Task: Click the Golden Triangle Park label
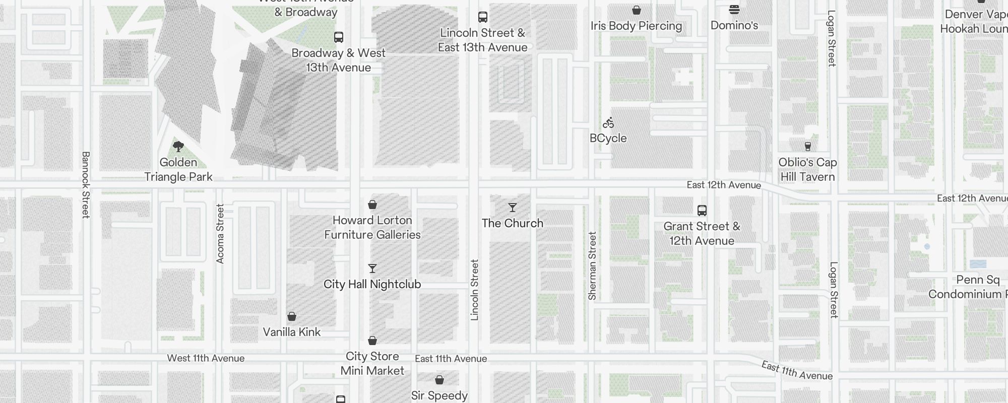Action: [178, 170]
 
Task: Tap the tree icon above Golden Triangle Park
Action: [178, 147]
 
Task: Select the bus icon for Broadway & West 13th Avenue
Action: [339, 37]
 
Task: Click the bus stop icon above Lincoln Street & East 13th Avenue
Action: [483, 17]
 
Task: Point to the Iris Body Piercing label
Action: [636, 26]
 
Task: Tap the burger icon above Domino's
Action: [734, 10]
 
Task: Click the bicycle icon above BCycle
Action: [608, 123]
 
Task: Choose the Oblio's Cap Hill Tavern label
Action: [807, 170]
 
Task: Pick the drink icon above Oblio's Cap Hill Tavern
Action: [808, 147]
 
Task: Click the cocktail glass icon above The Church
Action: [513, 208]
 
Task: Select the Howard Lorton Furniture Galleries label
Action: [372, 228]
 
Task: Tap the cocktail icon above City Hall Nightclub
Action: [372, 268]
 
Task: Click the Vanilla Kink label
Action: [292, 332]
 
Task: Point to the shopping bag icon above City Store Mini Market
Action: [372, 341]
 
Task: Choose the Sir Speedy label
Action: [439, 395]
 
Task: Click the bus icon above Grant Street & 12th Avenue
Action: [702, 211]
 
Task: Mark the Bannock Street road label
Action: [86, 185]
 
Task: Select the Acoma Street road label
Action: [220, 233]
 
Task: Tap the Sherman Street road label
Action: [592, 266]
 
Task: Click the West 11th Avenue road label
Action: [206, 358]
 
